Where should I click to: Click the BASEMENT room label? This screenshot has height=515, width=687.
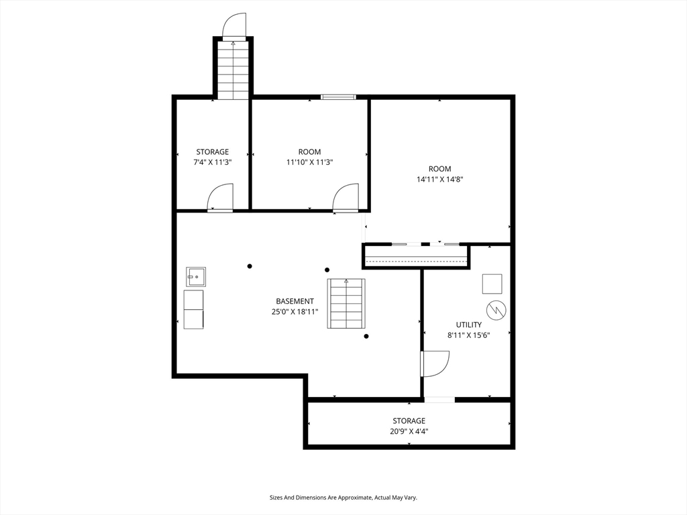pos(295,301)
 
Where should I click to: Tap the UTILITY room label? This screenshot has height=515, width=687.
pos(468,325)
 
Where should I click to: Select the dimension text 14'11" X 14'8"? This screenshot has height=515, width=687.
pos(439,179)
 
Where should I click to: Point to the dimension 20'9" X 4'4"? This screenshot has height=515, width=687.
pos(409,431)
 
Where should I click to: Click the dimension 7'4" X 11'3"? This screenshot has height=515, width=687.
pos(213,162)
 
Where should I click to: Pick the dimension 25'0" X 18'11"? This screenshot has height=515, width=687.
pos(295,312)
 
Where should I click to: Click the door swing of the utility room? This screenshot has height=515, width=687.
pos(435,363)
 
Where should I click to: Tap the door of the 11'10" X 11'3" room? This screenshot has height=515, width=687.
pos(346,198)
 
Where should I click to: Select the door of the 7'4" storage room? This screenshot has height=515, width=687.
pos(220,198)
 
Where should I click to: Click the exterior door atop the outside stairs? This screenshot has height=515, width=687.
pos(234,26)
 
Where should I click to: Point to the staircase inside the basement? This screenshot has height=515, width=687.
pos(346,303)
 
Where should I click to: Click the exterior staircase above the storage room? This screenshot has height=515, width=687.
pos(233,70)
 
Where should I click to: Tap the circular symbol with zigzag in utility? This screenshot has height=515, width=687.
pos(496,310)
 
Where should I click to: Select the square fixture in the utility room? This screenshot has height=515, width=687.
pos(492,284)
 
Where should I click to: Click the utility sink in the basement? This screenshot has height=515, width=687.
pos(196,277)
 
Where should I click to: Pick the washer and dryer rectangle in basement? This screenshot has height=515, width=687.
pos(193,309)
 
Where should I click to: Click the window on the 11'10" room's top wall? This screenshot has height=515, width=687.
pos(338,97)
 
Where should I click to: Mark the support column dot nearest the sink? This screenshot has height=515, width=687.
pos(250,266)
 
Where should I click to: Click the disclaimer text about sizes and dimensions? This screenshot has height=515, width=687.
pos(343,498)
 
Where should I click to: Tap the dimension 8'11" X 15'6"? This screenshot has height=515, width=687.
pos(468,335)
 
